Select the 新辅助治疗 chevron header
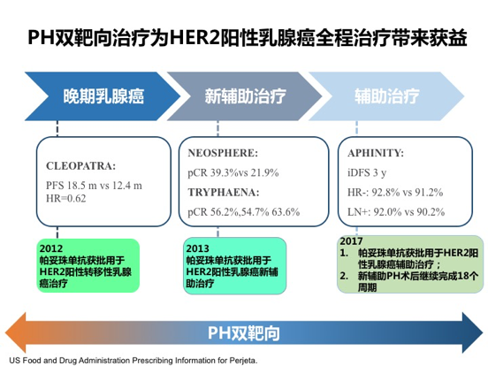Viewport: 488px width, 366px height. pyautogui.click(x=242, y=95)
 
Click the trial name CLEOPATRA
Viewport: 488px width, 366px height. pyautogui.click(x=80, y=165)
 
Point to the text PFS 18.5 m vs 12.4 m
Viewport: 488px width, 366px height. pyautogui.click(x=94, y=186)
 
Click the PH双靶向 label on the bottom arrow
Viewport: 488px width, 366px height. pyautogui.click(x=244, y=332)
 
